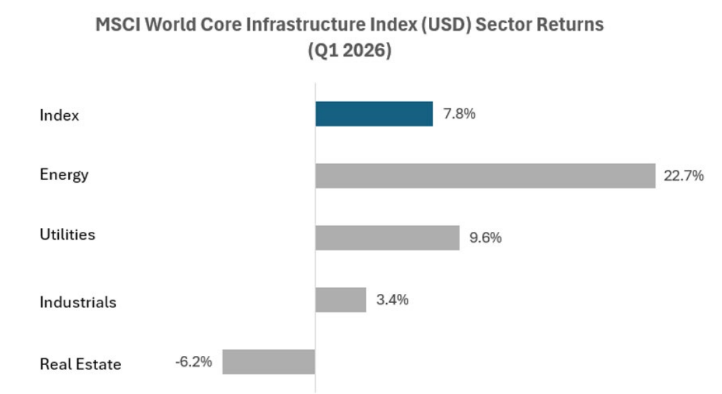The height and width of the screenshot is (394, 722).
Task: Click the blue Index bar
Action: click(374, 114)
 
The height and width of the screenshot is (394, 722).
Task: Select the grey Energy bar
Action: click(486, 176)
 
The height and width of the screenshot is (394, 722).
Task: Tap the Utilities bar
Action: click(387, 238)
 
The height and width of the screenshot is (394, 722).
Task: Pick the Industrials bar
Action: click(341, 300)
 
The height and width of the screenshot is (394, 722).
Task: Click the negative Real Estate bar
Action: click(269, 362)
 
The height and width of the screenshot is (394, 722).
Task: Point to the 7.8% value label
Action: click(459, 114)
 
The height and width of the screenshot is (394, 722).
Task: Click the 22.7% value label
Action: click(683, 176)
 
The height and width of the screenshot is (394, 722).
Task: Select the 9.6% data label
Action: click(486, 238)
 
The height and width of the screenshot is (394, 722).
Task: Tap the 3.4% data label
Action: click(392, 300)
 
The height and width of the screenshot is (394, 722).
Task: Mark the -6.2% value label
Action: click(193, 362)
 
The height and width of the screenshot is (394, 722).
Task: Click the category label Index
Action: click(59, 115)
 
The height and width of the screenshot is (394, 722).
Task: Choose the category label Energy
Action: click(64, 175)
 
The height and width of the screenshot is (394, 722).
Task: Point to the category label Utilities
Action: click(67, 234)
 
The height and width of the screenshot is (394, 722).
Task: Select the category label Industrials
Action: click(77, 302)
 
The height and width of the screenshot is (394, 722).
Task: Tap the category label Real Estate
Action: click(81, 364)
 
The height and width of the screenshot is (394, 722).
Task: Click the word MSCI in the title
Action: click(118, 25)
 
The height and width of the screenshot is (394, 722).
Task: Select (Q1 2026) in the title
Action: click(349, 50)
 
